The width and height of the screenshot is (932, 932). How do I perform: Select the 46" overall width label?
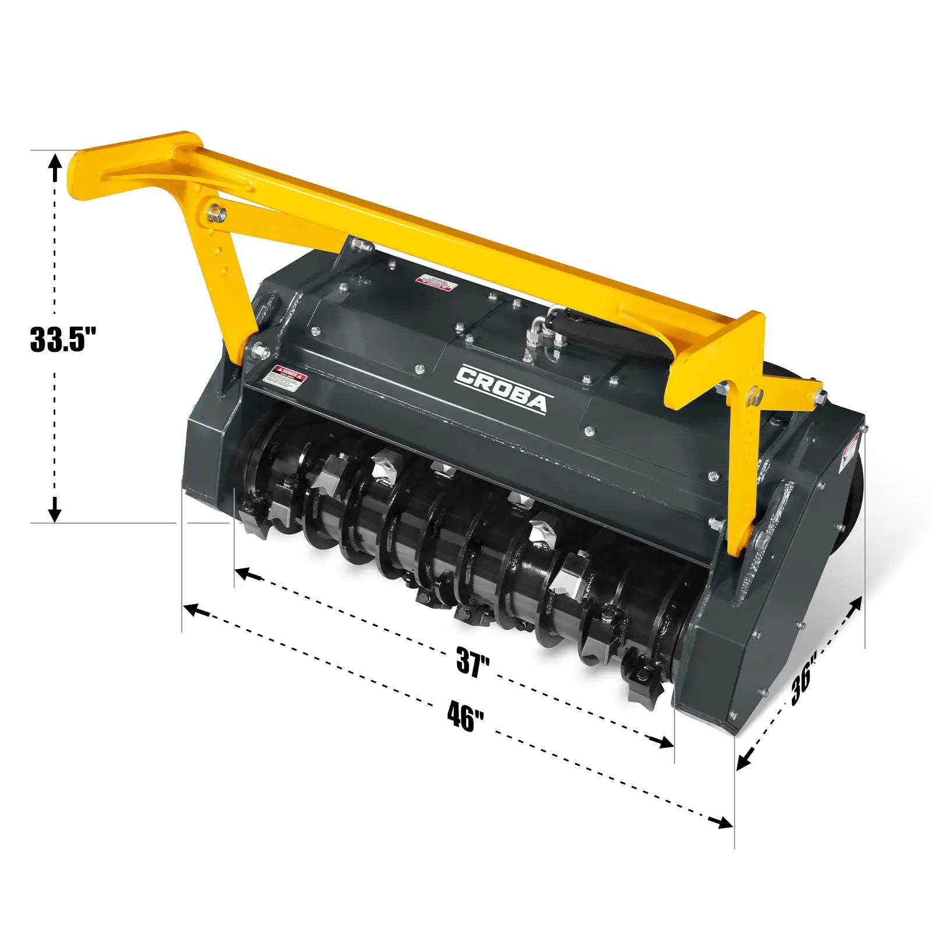(465, 716)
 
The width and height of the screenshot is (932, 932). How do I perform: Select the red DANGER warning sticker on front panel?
(284, 377)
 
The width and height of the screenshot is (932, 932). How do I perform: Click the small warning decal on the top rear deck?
(435, 282)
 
